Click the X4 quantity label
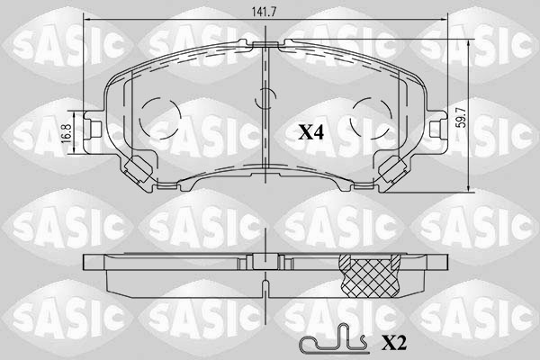click(x=310, y=132)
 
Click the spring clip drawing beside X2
click(x=331, y=342)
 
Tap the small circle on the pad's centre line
click(x=265, y=99)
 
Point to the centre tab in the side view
click(x=265, y=260)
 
